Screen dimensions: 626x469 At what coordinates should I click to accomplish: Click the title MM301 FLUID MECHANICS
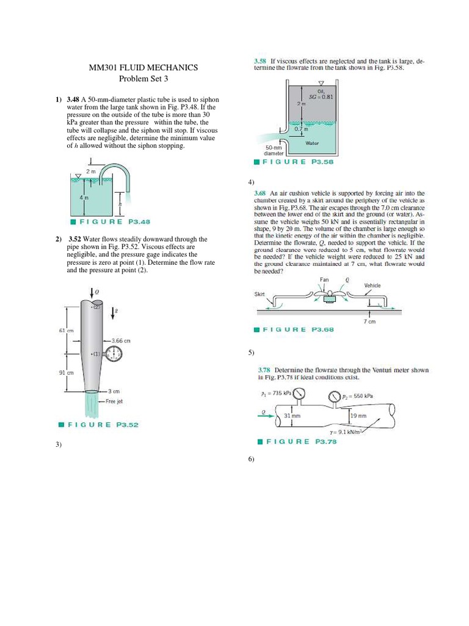pyautogui.click(x=144, y=68)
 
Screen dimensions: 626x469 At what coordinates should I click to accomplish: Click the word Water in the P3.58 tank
pyautogui.click(x=312, y=142)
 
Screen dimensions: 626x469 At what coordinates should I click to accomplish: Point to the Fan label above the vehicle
pyautogui.click(x=324, y=279)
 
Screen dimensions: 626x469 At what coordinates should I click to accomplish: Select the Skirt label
pyautogui.click(x=260, y=294)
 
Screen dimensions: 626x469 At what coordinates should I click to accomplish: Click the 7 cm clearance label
pyautogui.click(x=370, y=321)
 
